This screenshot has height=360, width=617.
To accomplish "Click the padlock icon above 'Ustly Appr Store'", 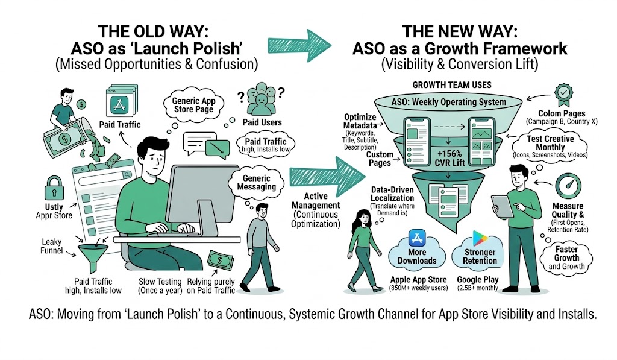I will point(54,185).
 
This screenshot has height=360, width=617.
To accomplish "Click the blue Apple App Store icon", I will point(417,238).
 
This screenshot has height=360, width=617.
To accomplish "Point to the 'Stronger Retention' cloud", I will point(480,256).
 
